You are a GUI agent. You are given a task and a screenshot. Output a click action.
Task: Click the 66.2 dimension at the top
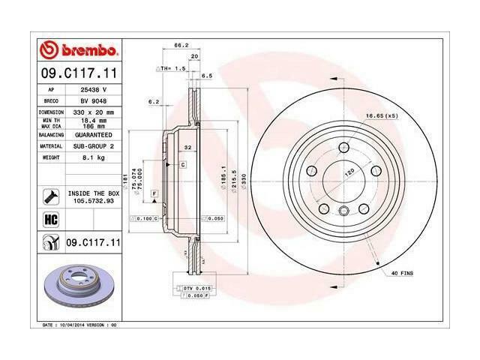point(180,46)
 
